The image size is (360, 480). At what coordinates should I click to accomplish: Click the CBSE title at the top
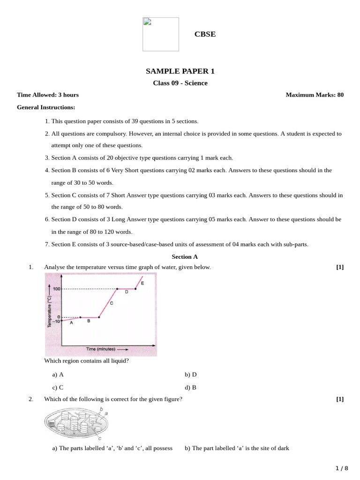[x=205, y=34]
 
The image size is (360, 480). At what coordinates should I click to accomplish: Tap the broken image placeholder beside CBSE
[x=160, y=34]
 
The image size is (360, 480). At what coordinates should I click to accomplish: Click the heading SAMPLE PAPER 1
[x=180, y=71]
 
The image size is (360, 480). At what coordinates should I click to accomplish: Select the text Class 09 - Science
[x=180, y=83]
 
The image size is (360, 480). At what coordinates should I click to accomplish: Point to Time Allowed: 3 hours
[x=48, y=95]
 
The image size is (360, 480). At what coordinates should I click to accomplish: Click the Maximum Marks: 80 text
[x=315, y=95]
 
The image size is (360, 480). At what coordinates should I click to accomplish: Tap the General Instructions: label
[x=46, y=107]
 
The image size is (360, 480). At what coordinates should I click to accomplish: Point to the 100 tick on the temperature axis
[x=57, y=289]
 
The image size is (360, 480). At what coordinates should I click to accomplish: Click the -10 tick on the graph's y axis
[x=56, y=321]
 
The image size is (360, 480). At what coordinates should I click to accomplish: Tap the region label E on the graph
[x=142, y=283]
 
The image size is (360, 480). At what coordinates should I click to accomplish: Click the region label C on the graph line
[x=112, y=303]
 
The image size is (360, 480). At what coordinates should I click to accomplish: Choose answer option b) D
[x=191, y=375]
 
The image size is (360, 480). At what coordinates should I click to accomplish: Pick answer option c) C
[x=58, y=388]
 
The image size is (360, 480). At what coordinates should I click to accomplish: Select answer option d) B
[x=191, y=388]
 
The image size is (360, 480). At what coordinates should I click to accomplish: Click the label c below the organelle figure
[x=99, y=439]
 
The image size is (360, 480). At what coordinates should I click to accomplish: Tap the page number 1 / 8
[x=342, y=468]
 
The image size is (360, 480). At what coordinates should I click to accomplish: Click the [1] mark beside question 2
[x=340, y=399]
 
